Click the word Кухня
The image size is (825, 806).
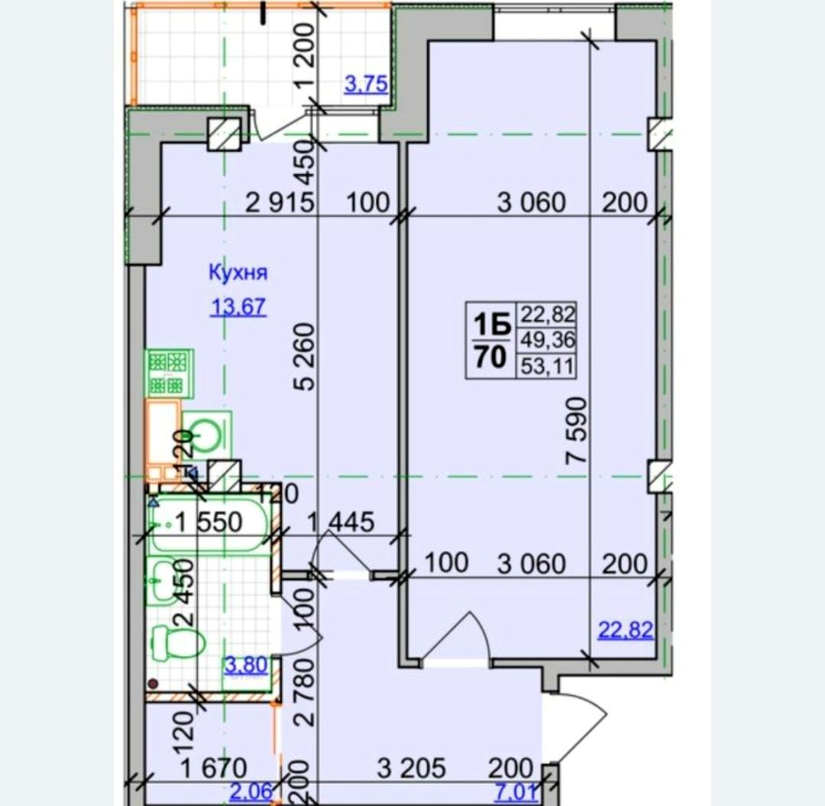(x=238, y=273)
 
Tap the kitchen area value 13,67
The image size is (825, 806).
(x=238, y=306)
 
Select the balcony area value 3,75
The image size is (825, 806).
(x=366, y=83)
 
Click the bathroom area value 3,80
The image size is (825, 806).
(x=246, y=665)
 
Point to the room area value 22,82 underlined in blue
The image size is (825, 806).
(x=626, y=630)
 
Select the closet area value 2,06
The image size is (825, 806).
(x=251, y=791)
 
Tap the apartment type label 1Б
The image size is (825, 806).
(x=492, y=325)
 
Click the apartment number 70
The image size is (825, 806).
(x=490, y=357)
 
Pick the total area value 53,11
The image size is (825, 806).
(x=547, y=366)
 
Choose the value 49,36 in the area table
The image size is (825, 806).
(x=548, y=340)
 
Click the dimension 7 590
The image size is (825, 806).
(x=576, y=430)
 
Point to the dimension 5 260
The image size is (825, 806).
(x=305, y=357)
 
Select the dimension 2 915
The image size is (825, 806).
(x=280, y=202)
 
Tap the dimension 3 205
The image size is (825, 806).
(x=412, y=768)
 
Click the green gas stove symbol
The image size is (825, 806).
(x=170, y=373)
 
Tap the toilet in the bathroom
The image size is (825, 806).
(x=177, y=642)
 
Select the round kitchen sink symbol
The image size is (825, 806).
(x=206, y=434)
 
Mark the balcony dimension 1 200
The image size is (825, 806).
(x=305, y=55)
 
